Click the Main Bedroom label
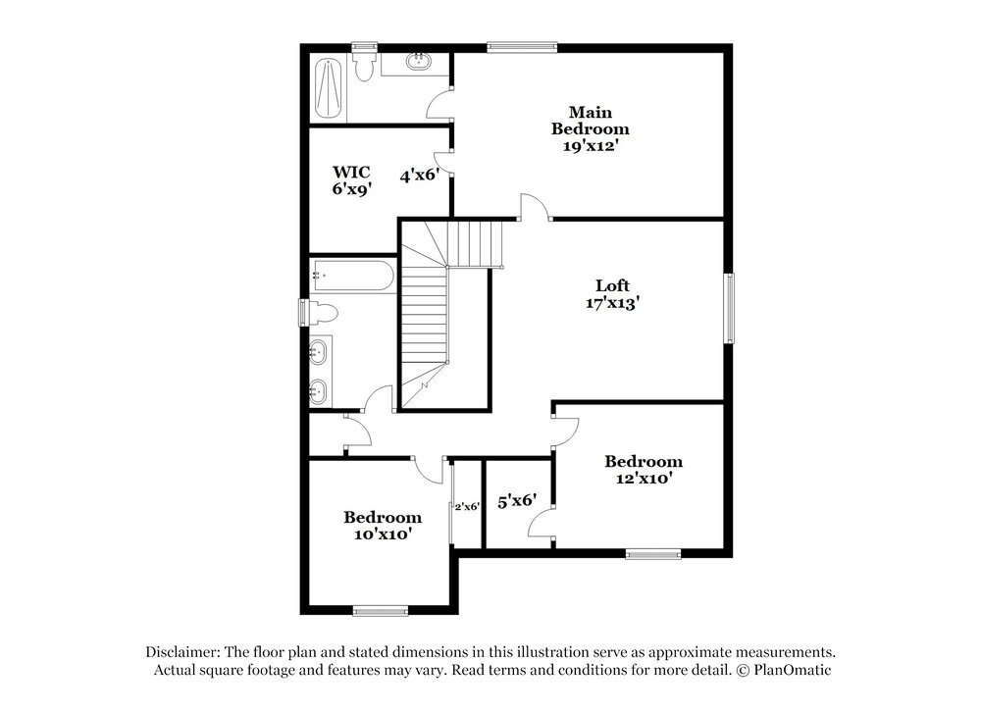pyautogui.click(x=590, y=121)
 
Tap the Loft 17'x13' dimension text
pyautogui.click(x=612, y=303)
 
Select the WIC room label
pyautogui.click(x=351, y=172)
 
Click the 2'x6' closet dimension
pyautogui.click(x=467, y=507)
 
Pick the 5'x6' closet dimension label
pyautogui.click(x=517, y=501)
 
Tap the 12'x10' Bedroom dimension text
pyautogui.click(x=644, y=479)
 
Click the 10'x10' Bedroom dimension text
pyautogui.click(x=383, y=535)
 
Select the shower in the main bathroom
pyautogui.click(x=329, y=88)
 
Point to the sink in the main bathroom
pyautogui.click(x=417, y=61)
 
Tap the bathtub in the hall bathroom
pyautogui.click(x=352, y=276)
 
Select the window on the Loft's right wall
pyautogui.click(x=729, y=308)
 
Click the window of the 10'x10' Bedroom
pyautogui.click(x=381, y=610)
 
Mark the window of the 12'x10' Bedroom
pyautogui.click(x=653, y=553)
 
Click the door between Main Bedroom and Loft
pyautogui.click(x=534, y=206)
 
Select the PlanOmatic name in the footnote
pyautogui.click(x=793, y=670)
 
